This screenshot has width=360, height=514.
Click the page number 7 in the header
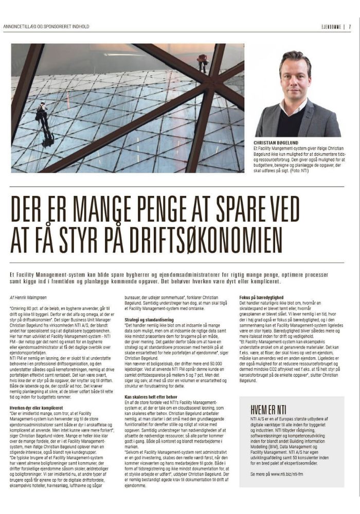tap(350, 27)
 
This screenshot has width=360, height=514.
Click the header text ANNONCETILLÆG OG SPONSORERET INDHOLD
tap(46, 27)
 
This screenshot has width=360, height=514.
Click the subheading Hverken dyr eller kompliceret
tap(35, 408)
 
